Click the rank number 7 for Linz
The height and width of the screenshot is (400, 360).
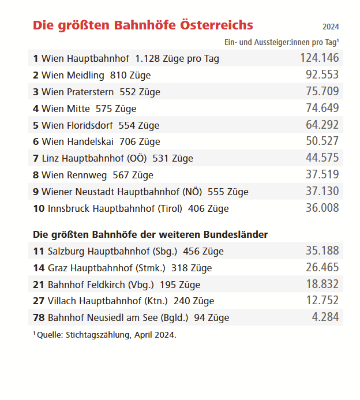pos(36,158)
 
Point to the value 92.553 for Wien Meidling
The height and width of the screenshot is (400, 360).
pos(322,74)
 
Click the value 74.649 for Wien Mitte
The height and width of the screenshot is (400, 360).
pos(322,108)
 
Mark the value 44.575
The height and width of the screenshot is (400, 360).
pos(322,158)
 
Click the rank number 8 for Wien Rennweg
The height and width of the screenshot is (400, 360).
pos(36,175)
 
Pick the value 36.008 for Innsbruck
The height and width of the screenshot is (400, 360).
pos(322,208)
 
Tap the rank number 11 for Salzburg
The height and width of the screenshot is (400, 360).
pos(39,251)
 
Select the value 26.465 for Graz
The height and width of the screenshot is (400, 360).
pos(322,268)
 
